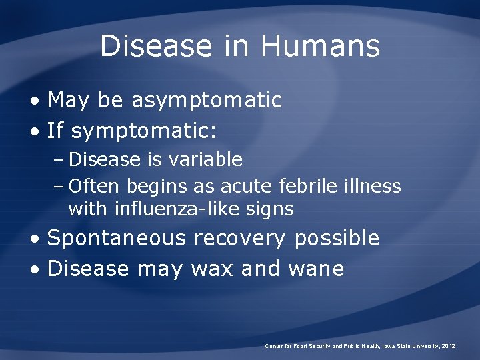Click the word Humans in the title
(x=320, y=47)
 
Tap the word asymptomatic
(x=207, y=101)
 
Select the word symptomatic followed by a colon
(x=143, y=132)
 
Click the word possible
(x=337, y=239)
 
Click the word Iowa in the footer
(x=389, y=346)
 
